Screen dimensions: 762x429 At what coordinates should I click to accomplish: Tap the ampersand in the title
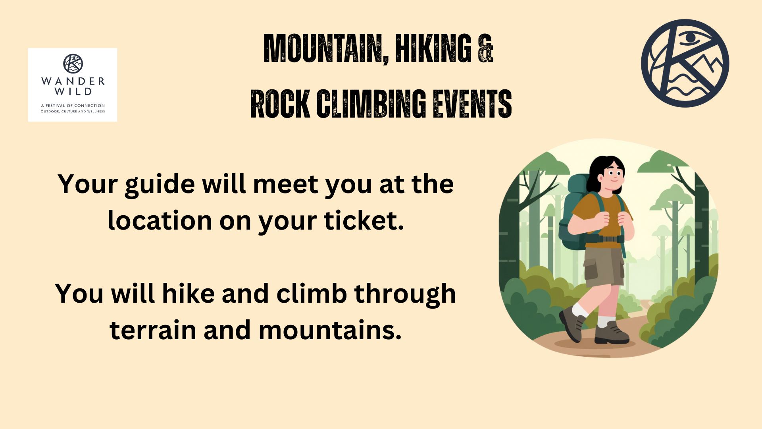click(485, 48)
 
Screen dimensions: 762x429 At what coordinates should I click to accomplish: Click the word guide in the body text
click(160, 185)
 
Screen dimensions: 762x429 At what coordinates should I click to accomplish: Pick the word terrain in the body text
click(153, 330)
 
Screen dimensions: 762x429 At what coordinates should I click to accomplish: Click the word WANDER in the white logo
click(73, 81)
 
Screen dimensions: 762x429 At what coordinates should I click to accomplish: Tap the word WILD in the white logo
click(73, 92)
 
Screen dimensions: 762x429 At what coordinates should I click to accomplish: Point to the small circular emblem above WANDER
click(73, 64)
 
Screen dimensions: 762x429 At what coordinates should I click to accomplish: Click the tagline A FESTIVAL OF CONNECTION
click(73, 106)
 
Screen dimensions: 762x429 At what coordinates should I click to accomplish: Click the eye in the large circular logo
click(691, 38)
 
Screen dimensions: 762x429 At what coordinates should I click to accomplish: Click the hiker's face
click(613, 175)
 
